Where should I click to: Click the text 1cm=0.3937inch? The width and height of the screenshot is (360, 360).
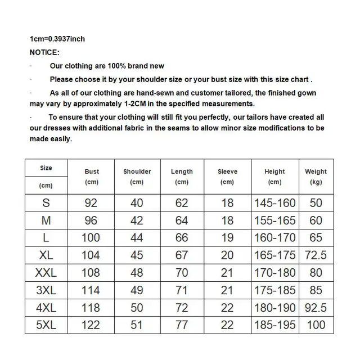tap(57, 39)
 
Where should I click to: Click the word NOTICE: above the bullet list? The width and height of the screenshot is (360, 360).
tap(44, 52)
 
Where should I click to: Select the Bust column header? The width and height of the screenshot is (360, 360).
tap(92, 172)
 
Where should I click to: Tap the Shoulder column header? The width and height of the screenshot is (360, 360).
tap(137, 172)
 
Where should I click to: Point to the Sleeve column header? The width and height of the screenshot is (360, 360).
tap(228, 172)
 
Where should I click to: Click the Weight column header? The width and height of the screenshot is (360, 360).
tap(316, 172)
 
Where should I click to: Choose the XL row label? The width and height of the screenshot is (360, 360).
tap(46, 255)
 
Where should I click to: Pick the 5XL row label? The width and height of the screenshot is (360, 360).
tap(46, 325)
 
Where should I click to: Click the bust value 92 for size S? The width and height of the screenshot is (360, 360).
tap(91, 203)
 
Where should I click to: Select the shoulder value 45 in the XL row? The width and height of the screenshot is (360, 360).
tap(137, 255)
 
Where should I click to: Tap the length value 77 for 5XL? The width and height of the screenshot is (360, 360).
tap(182, 325)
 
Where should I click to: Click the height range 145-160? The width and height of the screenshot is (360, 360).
tap(275, 203)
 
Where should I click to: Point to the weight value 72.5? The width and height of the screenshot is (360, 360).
tap(316, 255)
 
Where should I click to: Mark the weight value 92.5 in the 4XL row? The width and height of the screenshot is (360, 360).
tap(316, 308)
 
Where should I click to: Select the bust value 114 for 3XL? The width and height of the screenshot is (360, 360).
tap(91, 290)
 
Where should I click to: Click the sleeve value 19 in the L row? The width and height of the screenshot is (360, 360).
tap(227, 238)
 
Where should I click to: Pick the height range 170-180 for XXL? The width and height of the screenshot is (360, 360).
tap(275, 273)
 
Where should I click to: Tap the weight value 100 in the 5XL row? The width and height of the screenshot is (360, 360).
tap(316, 325)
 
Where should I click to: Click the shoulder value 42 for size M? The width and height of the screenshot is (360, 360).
tap(137, 220)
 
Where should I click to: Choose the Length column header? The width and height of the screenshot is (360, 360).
tap(182, 172)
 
